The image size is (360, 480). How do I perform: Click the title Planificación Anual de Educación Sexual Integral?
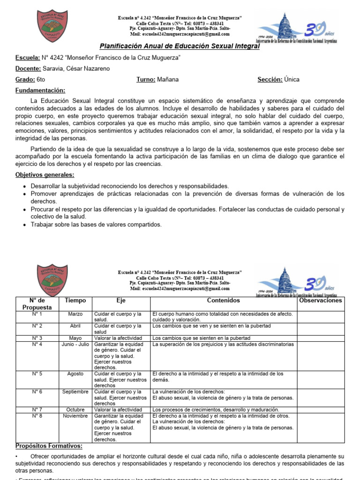[180, 46]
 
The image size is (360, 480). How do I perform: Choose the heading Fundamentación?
[40, 90]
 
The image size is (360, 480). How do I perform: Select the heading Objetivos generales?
[45, 175]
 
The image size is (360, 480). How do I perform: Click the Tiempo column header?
[75, 300]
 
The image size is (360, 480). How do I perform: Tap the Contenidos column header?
[223, 300]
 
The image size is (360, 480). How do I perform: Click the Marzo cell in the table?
[75, 314]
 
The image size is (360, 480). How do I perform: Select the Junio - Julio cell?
[75, 344]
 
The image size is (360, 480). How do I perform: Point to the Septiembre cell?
[75, 391]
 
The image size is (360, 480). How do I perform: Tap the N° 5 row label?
[37, 374]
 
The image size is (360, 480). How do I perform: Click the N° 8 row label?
[37, 416]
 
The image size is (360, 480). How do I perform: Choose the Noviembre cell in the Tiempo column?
[75, 416]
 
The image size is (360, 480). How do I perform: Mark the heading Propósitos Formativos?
[49, 446]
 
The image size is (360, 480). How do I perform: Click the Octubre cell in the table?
[75, 410]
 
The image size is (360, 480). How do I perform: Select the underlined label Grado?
[25, 80]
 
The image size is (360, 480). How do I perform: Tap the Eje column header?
[121, 300]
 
